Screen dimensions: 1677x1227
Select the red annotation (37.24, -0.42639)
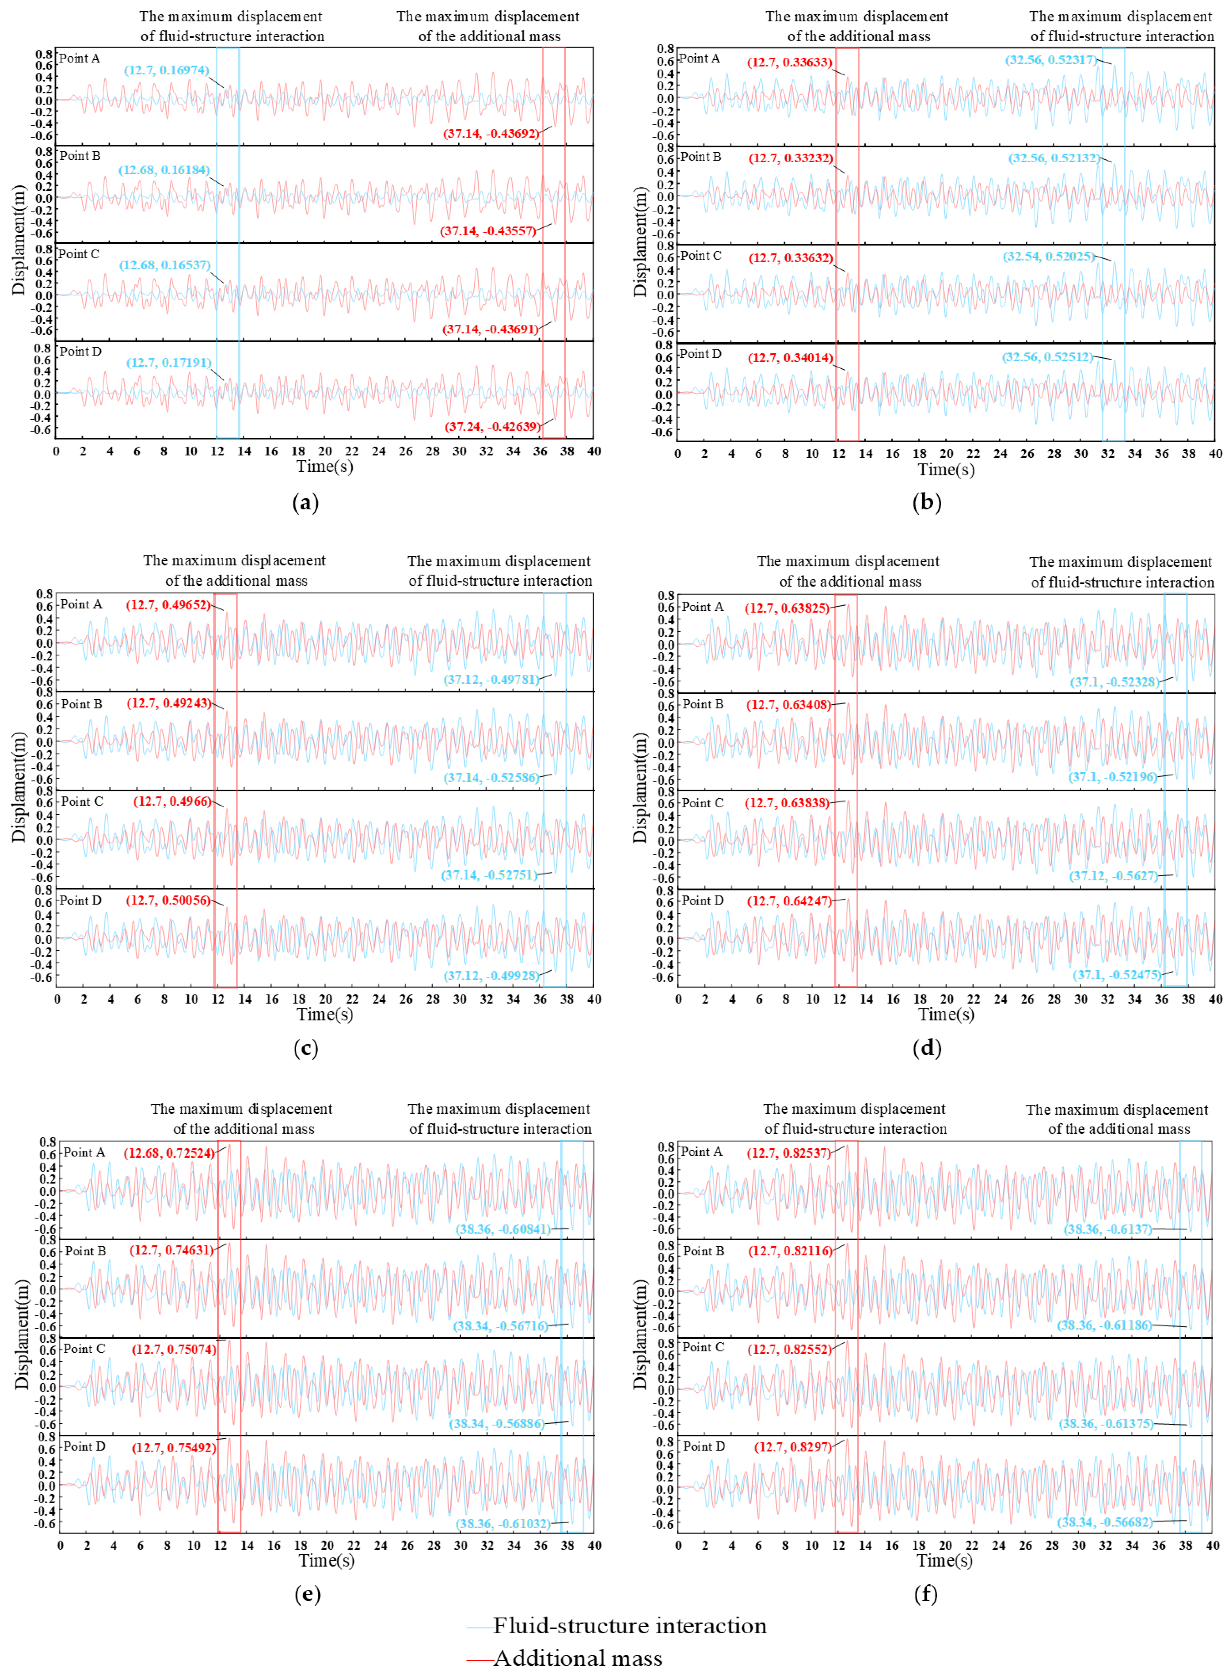[492, 427]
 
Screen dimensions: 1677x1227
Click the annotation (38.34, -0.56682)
[1105, 1522]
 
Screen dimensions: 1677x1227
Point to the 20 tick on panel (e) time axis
[327, 1545]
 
